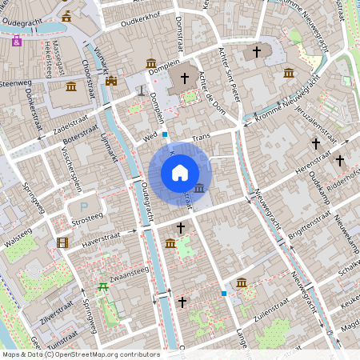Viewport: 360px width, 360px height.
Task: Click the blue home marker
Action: click(x=180, y=173)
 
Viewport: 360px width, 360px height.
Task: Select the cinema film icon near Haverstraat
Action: click(x=62, y=242)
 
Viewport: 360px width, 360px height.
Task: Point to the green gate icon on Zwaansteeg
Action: click(x=102, y=287)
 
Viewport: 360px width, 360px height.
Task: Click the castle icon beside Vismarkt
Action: click(x=111, y=81)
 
